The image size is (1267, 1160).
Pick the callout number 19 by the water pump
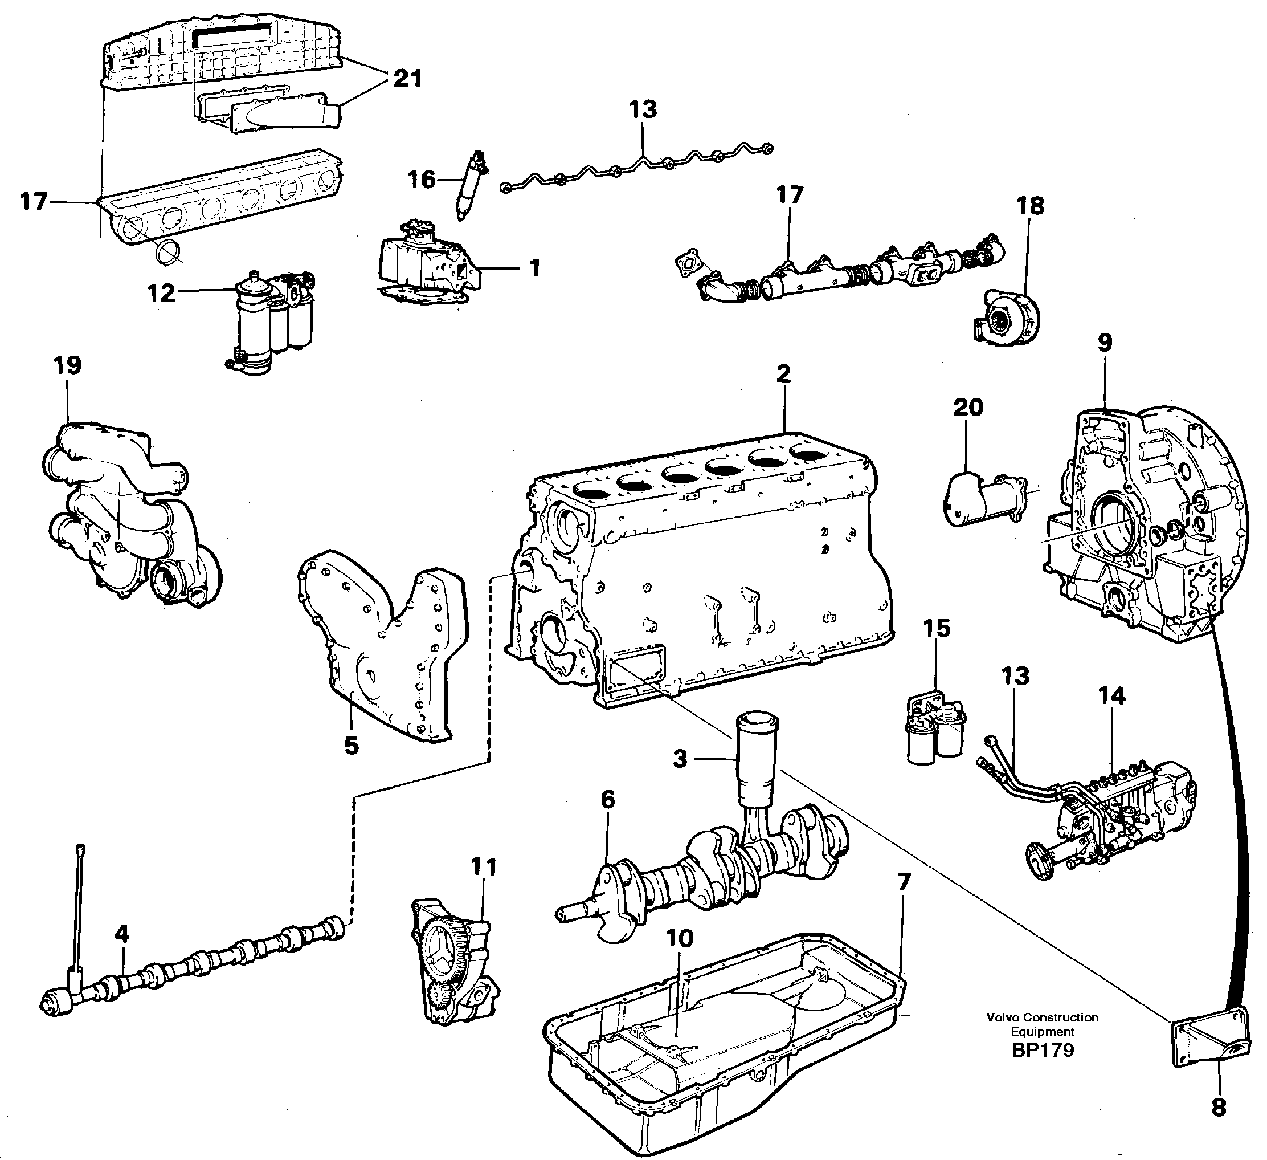(67, 365)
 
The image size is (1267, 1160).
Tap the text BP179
(1043, 1050)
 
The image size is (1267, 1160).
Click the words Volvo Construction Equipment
(1043, 1024)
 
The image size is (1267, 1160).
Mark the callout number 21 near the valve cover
(408, 79)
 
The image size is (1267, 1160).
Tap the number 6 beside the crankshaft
(607, 800)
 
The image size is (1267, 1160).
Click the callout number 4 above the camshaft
(121, 934)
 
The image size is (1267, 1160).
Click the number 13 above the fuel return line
(643, 109)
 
